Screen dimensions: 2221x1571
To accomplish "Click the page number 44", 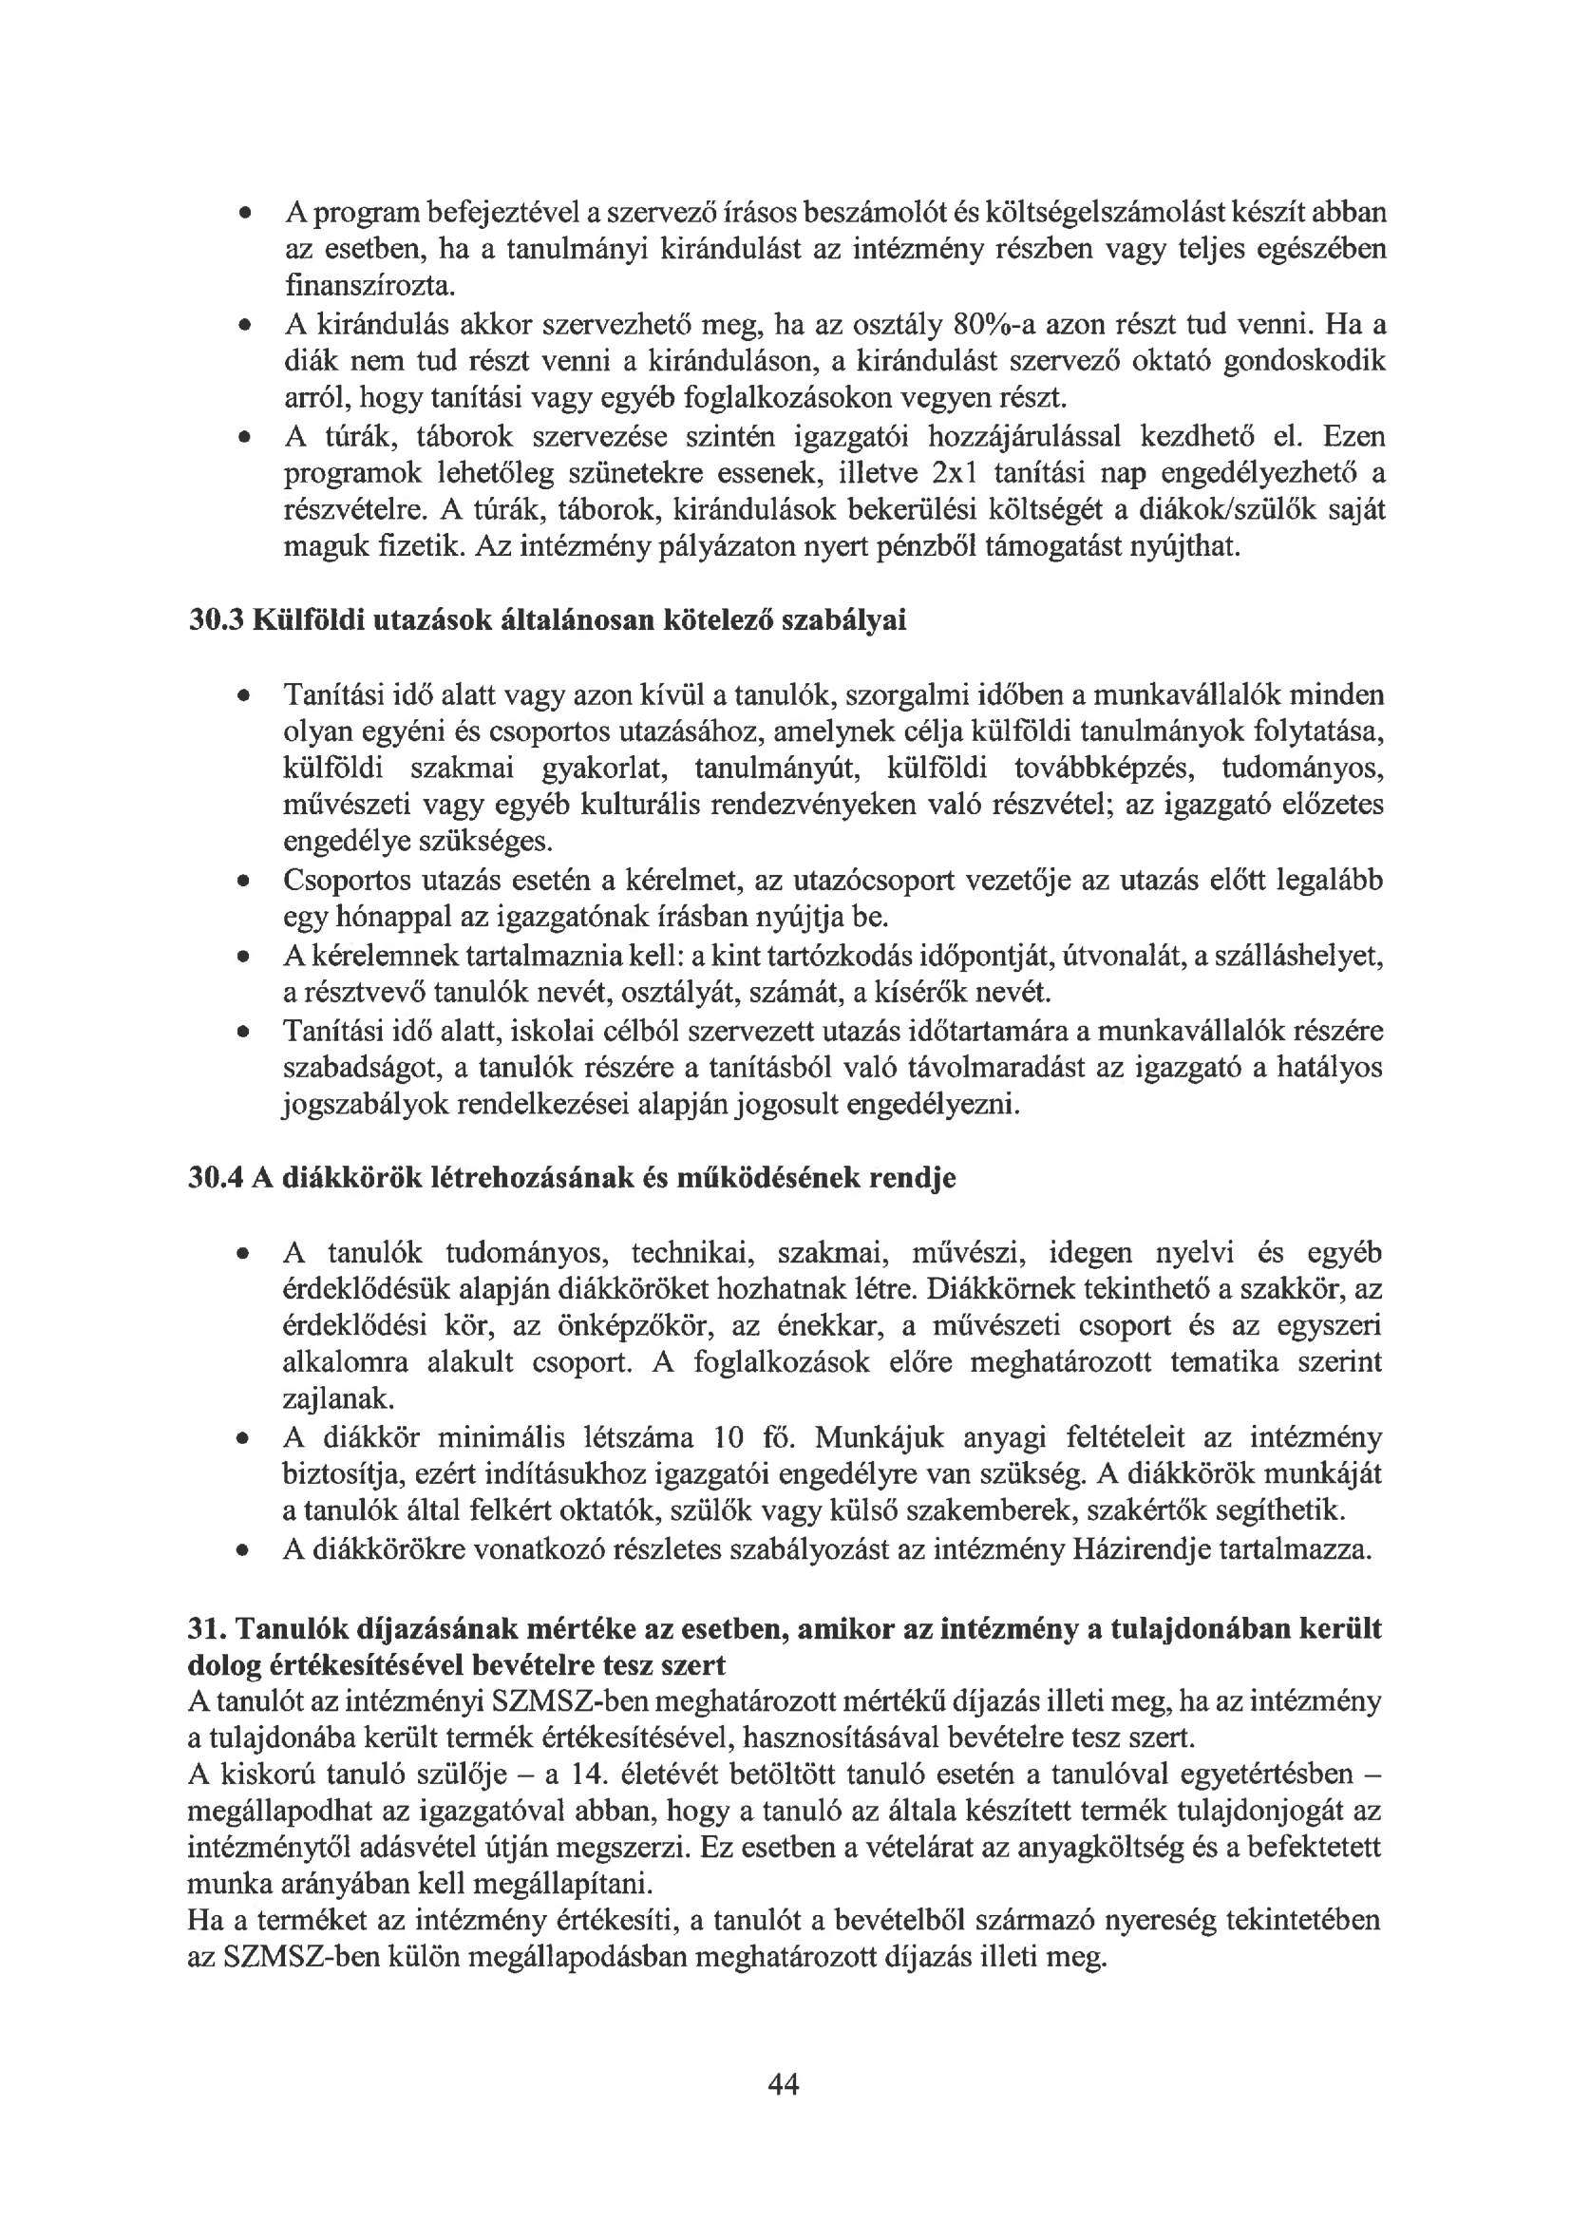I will [783, 2084].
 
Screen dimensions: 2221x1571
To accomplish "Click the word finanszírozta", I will [368, 286].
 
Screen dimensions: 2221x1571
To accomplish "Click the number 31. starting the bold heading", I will [206, 1630].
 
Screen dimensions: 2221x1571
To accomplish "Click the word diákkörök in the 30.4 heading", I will [351, 1178].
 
